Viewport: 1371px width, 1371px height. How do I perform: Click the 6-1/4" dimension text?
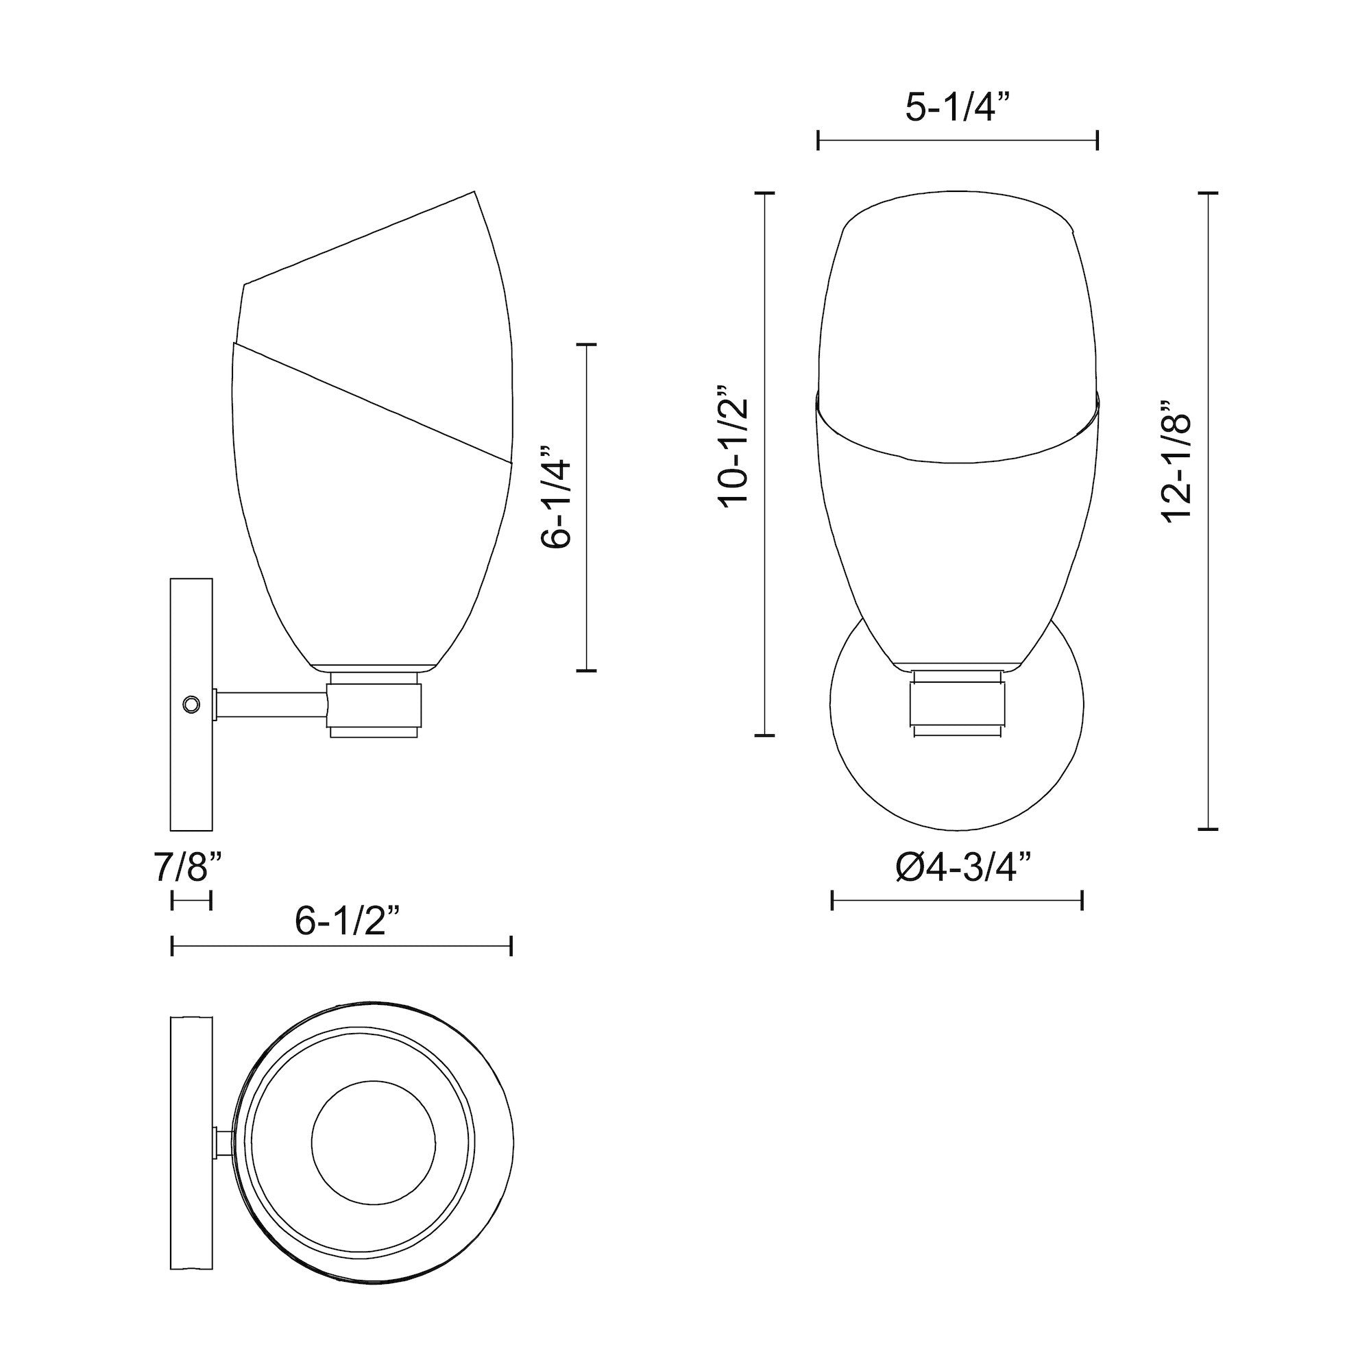[x=556, y=506]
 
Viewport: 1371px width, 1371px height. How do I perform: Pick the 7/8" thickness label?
[x=188, y=868]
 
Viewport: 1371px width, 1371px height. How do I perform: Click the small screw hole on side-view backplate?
[x=191, y=705]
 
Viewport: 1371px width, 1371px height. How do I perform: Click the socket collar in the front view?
[x=958, y=705]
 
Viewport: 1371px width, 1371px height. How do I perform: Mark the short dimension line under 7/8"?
[x=192, y=901]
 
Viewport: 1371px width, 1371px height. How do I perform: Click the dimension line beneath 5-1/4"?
[x=958, y=140]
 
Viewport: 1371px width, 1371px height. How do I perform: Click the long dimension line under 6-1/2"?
[x=341, y=947]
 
